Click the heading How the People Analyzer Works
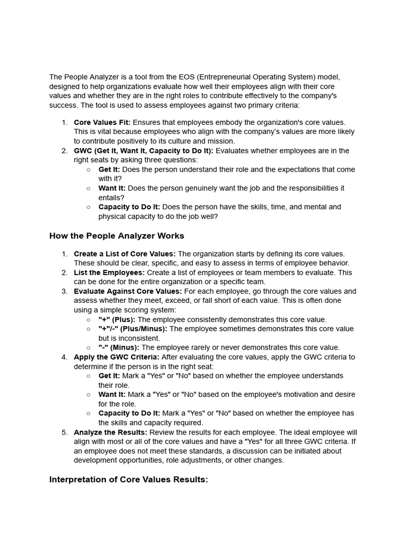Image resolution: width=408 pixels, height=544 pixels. coord(116,235)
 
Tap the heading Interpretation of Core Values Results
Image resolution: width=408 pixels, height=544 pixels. coord(129,479)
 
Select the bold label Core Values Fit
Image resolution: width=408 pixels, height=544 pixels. coord(102,122)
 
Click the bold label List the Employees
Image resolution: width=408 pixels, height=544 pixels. coord(109,273)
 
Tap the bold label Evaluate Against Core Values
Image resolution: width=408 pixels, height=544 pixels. coord(127,291)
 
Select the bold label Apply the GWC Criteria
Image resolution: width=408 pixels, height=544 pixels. coord(116,357)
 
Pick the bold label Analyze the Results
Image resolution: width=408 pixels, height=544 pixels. coord(110,432)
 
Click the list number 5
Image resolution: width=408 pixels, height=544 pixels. coord(64,432)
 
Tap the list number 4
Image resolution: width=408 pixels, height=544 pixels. coord(64,357)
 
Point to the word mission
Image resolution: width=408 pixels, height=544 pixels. coord(222,141)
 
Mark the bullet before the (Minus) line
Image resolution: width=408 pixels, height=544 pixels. coord(88,348)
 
